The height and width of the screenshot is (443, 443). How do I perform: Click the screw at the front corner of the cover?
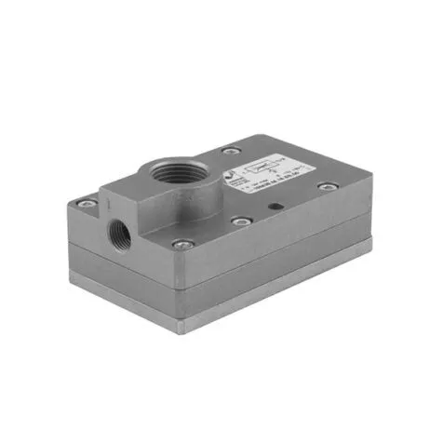[182, 244]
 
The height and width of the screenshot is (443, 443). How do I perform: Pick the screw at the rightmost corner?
[325, 187]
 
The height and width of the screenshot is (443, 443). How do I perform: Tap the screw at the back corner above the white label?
[228, 151]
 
